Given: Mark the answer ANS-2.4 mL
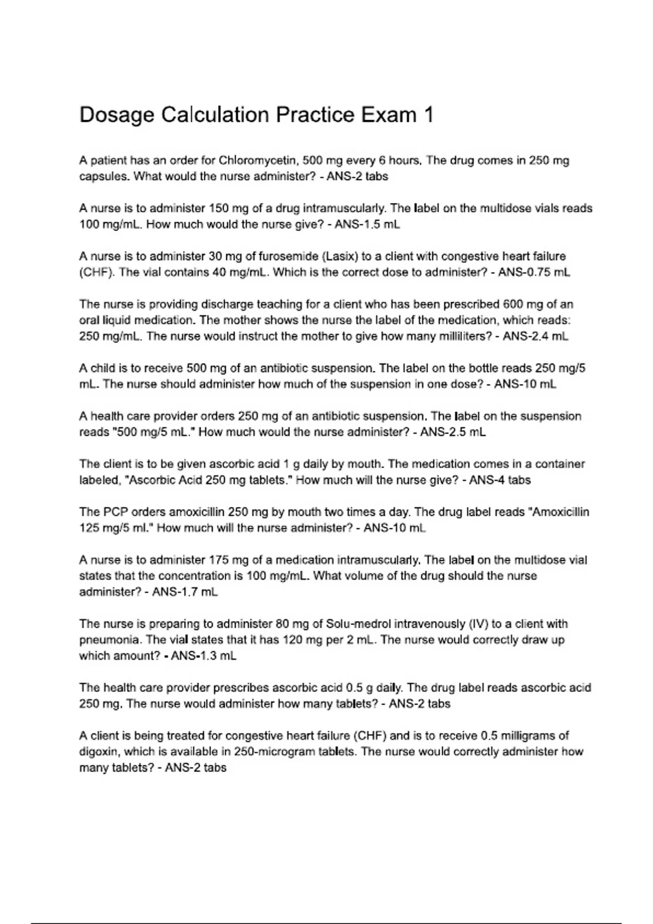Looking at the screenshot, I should (535, 336).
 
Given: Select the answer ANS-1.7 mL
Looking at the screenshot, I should (185, 592).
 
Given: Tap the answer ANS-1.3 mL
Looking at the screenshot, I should (204, 656).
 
